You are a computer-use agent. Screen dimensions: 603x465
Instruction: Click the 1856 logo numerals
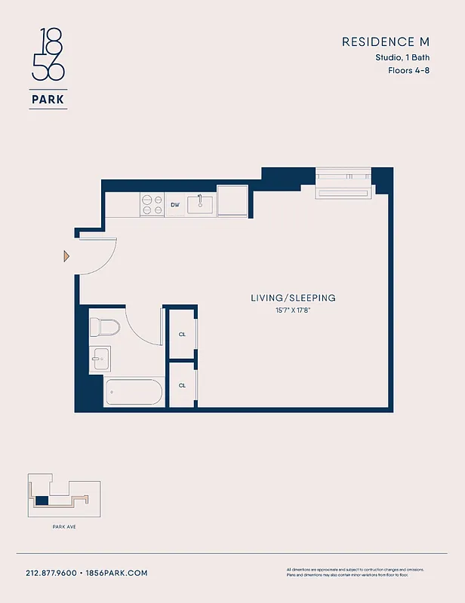coord(48,54)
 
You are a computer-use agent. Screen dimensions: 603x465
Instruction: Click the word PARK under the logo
coord(48,98)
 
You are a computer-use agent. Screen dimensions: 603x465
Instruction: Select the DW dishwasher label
coord(174,205)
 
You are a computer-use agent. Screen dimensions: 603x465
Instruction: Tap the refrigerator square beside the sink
coord(232,201)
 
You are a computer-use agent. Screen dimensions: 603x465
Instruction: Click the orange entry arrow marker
coord(66,257)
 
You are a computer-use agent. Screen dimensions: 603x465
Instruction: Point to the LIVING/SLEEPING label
coord(293,298)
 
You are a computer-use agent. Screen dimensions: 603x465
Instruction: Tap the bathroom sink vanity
coord(100,358)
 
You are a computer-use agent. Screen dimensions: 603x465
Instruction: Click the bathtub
coord(133,393)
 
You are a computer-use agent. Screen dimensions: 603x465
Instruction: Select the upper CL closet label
coord(182,334)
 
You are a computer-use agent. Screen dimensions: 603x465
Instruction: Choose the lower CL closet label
coord(182,385)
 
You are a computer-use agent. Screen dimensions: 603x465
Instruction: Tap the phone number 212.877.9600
coord(51,573)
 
